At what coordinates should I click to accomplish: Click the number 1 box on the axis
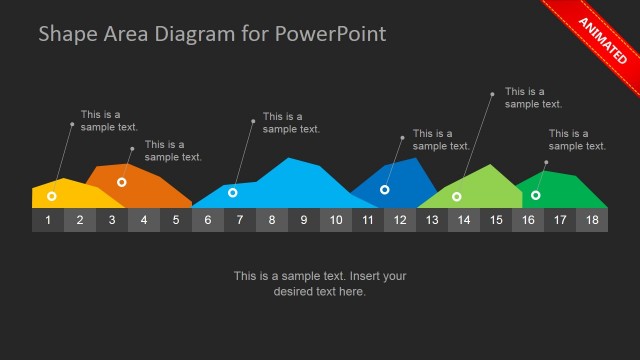[48, 220]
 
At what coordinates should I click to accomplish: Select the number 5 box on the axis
[176, 220]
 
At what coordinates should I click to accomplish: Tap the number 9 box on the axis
[304, 220]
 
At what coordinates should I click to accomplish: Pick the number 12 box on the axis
[400, 220]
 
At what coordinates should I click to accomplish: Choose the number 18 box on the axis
[592, 220]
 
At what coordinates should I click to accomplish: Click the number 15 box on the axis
[496, 220]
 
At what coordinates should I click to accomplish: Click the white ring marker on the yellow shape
[52, 196]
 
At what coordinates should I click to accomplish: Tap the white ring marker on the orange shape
[122, 182]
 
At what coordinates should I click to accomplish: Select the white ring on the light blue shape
[233, 192]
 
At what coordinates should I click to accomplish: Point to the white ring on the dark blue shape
[385, 189]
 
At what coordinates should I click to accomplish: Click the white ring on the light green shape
[457, 196]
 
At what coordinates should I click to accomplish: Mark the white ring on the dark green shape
[536, 195]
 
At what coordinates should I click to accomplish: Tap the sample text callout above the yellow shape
[109, 120]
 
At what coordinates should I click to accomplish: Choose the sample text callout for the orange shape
[173, 150]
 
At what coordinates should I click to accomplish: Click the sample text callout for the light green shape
[533, 97]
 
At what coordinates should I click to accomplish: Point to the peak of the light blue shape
[290, 159]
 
